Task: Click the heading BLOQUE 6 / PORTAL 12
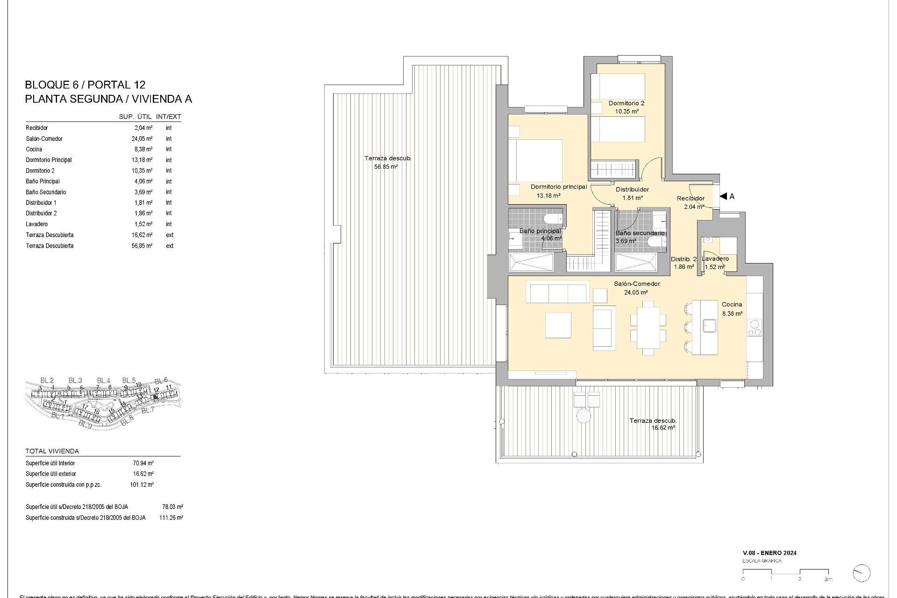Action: (85, 85)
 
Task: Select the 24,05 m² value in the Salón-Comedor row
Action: (142, 139)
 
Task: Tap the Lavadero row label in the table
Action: (37, 224)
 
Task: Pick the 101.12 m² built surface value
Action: (142, 485)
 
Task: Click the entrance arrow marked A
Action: (724, 196)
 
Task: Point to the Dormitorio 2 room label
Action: (626, 103)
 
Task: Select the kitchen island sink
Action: (710, 325)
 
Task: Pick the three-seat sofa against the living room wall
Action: (558, 292)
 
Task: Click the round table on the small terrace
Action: (584, 416)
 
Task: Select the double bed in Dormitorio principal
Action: (535, 161)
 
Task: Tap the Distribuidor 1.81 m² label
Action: (632, 193)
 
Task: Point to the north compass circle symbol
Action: (861, 573)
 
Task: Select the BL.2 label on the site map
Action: (47, 380)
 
